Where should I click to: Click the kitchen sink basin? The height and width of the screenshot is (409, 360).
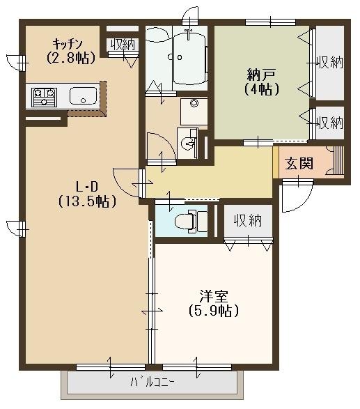pos(81,96)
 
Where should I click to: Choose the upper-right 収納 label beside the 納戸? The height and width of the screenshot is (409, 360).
pos(329,62)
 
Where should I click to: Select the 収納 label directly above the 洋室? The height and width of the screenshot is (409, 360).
pos(247,221)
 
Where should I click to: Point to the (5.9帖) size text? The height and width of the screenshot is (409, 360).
pos(214,311)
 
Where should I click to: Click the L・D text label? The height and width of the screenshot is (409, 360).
pos(86,187)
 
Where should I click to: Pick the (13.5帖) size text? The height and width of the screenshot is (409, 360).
pos(86,201)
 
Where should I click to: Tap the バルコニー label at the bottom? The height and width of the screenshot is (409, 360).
pos(152,382)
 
